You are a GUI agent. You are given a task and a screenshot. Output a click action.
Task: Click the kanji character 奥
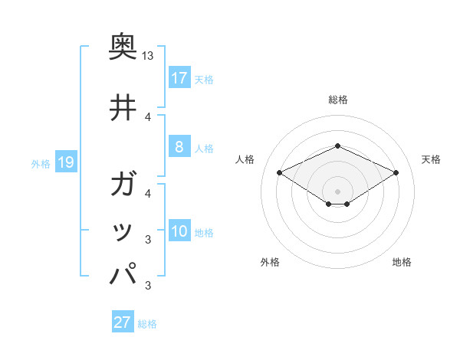(123, 48)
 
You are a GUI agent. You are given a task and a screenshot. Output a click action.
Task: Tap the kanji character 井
(123, 108)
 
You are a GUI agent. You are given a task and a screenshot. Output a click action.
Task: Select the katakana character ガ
(123, 185)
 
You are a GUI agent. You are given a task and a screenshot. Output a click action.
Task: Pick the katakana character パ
(123, 273)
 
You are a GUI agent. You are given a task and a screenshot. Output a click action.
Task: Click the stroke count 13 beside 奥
(148, 56)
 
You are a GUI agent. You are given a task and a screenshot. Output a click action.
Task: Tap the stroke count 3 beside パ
(148, 286)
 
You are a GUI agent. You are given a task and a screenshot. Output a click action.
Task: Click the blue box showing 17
(179, 78)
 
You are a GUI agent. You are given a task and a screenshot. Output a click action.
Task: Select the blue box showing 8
(179, 147)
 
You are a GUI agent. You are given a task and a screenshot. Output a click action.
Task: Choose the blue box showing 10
(179, 232)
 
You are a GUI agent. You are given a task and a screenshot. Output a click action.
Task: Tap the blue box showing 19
(65, 162)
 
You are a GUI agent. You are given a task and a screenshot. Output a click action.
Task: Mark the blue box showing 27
(123, 322)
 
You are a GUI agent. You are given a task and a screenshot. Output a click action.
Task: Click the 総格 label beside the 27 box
(147, 324)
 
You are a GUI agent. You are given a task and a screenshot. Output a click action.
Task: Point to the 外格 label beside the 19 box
(41, 163)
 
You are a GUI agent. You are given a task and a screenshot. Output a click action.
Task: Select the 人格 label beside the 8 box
(204, 148)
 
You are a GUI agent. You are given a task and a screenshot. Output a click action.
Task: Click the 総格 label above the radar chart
(337, 100)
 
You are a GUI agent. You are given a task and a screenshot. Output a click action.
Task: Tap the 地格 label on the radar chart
(402, 262)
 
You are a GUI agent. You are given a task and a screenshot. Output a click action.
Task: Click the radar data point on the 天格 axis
(396, 172)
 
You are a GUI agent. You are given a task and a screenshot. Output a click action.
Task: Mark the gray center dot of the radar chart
(337, 191)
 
